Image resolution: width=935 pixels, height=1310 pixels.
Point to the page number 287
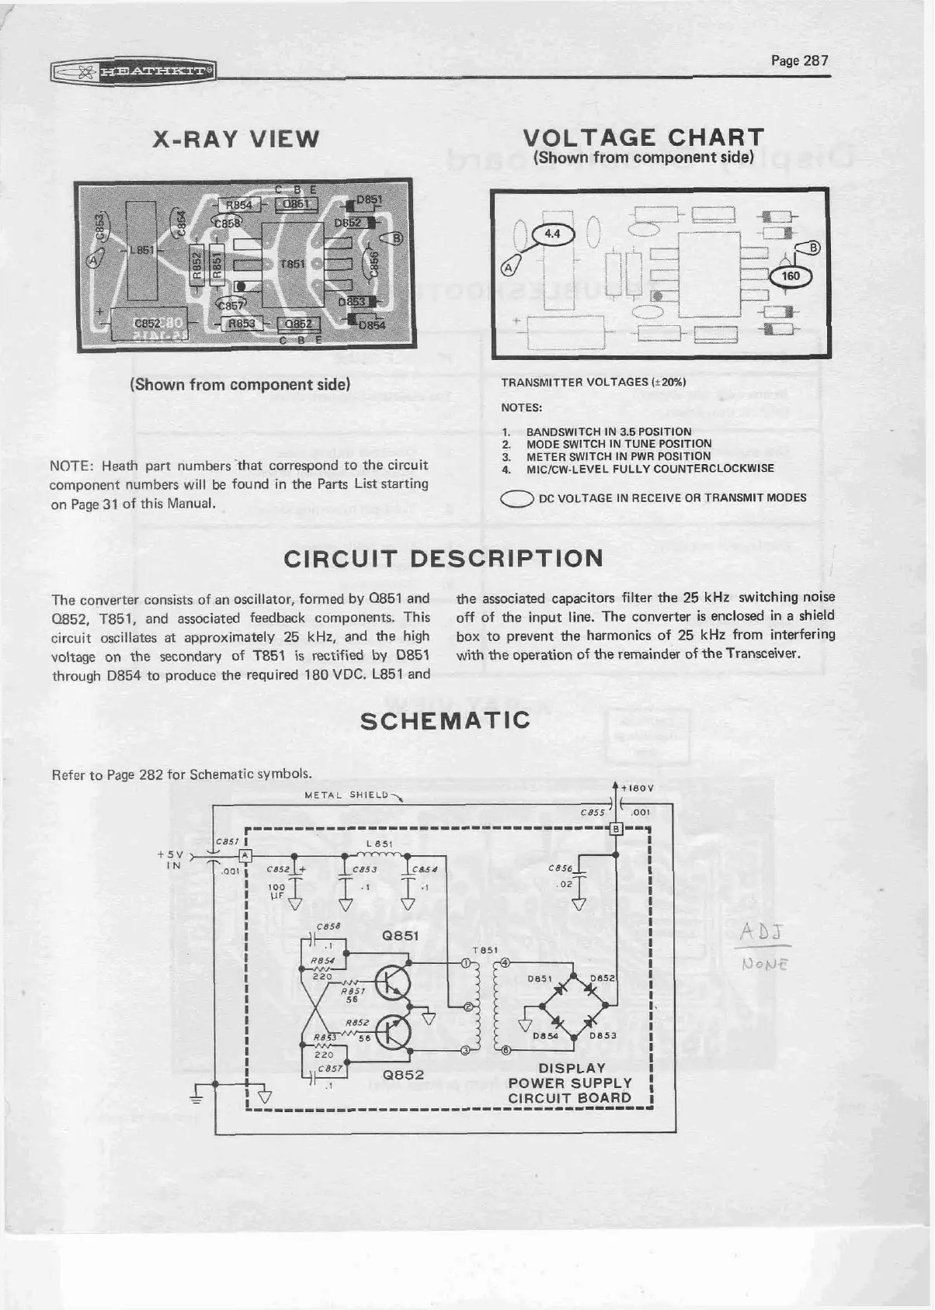800,61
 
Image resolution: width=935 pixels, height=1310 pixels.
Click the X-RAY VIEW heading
235,139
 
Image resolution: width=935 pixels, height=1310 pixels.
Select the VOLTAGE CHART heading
644,138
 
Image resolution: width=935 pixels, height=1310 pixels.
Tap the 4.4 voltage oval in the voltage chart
552,233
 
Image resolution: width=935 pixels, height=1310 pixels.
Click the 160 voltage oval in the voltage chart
791,276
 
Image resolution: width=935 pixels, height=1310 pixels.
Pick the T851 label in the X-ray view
291,264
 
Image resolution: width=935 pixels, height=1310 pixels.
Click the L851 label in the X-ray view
142,251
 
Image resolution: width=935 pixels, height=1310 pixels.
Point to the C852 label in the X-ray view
148,324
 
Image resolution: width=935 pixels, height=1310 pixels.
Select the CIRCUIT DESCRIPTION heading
443,559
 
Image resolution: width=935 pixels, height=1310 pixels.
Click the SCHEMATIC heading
447,719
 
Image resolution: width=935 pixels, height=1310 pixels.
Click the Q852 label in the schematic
404,1075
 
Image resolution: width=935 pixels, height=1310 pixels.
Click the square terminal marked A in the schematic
245,855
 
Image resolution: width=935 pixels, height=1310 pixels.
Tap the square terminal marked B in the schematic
616,828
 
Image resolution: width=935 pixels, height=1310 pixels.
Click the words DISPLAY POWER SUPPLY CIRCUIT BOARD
570,1083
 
